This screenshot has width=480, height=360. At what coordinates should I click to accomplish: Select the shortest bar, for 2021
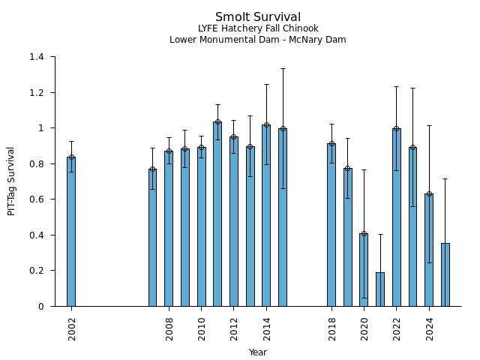pos(380,289)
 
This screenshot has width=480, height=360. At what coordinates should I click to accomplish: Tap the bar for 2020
pos(364,270)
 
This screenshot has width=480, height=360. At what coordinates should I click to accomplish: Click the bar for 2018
pos(331,225)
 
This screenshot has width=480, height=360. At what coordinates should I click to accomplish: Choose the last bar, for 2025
pos(445,274)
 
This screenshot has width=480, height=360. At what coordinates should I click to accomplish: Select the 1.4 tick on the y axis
pos(38,57)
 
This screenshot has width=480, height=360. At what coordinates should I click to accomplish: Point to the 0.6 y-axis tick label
pos(38,199)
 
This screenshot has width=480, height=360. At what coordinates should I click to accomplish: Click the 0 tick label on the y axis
pos(42,306)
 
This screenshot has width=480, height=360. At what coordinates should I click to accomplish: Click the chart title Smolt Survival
pos(258,17)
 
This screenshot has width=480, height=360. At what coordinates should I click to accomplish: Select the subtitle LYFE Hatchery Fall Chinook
pos(258,28)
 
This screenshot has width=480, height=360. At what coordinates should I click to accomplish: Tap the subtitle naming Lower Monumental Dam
pos(258,40)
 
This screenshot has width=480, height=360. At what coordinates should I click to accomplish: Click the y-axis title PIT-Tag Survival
pos(12,181)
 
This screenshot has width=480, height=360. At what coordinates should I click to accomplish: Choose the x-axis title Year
pos(258,352)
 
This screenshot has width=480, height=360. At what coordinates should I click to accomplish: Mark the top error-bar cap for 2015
pos(283,68)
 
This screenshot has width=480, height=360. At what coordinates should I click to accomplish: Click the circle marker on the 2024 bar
pos(429,193)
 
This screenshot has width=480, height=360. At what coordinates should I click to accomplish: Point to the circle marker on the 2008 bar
pos(169,151)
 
